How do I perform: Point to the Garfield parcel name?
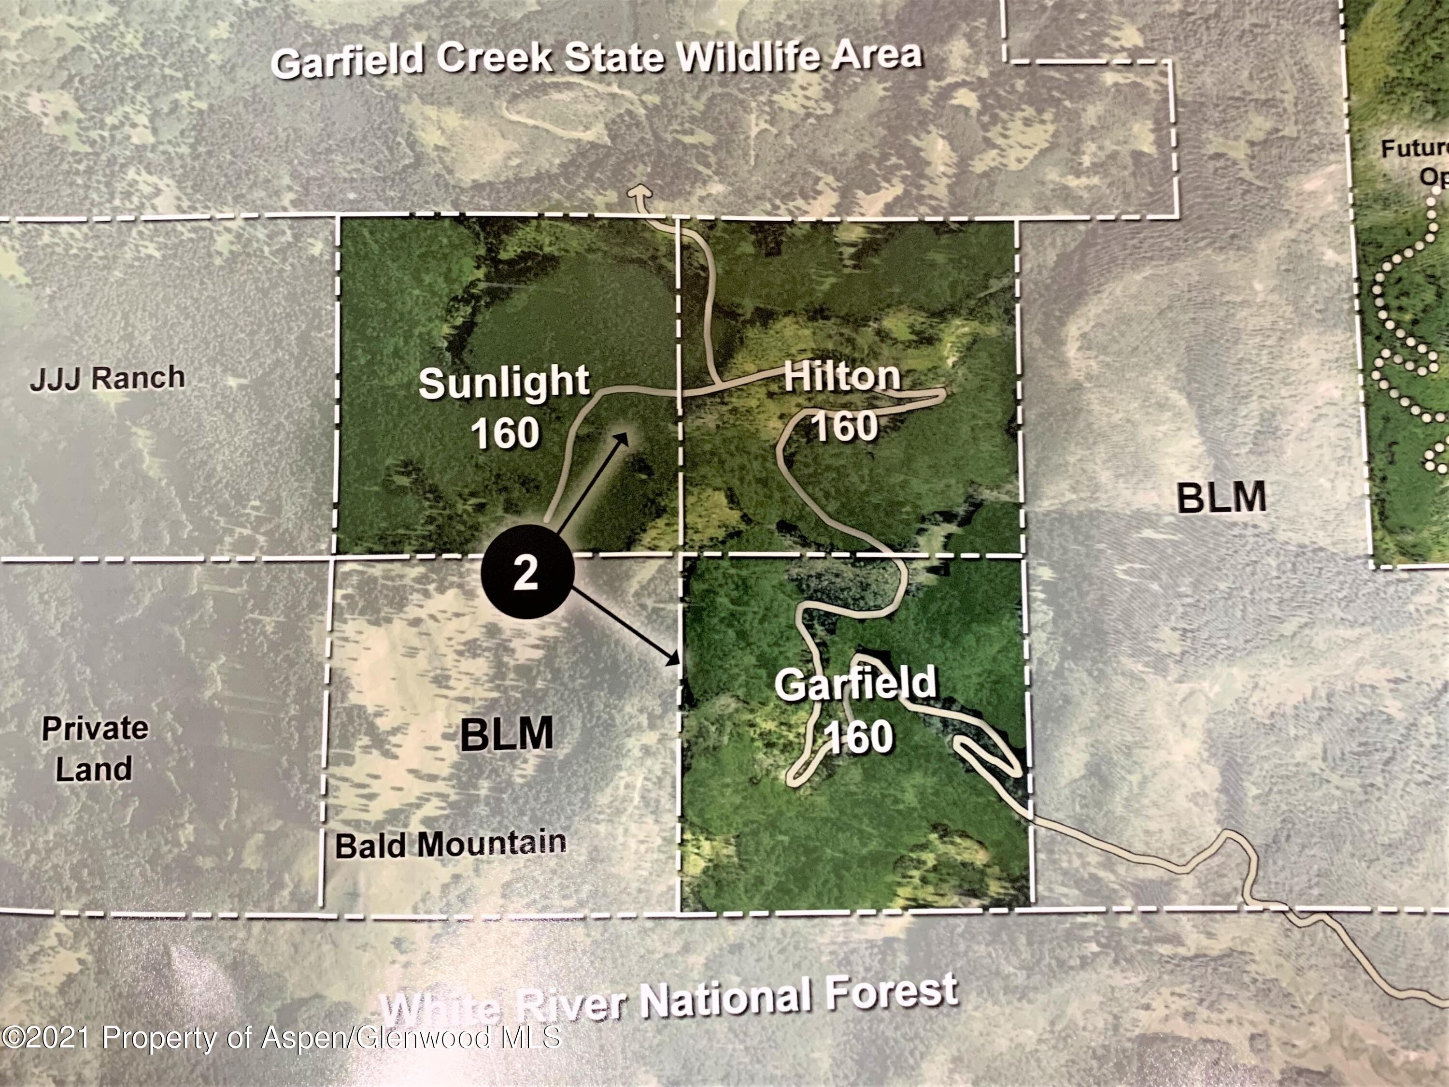tap(855, 684)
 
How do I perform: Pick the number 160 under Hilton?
tap(845, 426)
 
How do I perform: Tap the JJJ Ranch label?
tap(107, 378)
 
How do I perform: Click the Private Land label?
tap(94, 748)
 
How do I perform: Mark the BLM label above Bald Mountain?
tap(506, 734)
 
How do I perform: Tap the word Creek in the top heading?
tap(495, 59)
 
